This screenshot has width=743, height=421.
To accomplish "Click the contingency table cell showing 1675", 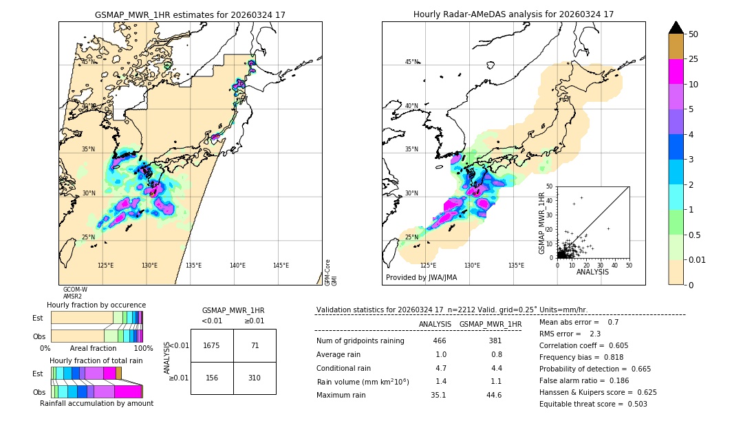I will tap(212, 345).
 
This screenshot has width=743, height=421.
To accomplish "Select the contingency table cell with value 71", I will tap(255, 345).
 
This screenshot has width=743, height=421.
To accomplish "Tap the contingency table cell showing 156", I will tap(212, 378).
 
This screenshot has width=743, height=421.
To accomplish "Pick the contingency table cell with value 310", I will tap(255, 378).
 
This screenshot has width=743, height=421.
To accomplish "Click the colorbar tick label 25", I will tap(693, 59).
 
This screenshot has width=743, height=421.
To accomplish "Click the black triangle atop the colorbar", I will tap(676, 28).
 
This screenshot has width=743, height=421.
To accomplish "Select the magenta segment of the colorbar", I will tap(676, 72).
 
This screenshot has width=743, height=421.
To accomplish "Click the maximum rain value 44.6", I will tap(494, 395).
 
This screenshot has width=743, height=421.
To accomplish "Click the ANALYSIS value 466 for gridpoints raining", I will tap(440, 341).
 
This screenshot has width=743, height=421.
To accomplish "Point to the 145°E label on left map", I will tap(281, 266).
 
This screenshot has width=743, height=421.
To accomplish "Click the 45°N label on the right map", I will tap(411, 62).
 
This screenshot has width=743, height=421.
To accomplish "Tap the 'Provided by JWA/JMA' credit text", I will tap(421, 277).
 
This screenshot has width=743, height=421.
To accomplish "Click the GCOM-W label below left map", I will tap(75, 290).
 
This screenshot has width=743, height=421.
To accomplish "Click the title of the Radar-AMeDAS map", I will tap(513, 14).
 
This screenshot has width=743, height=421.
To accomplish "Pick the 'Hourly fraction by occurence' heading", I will tap(96, 305).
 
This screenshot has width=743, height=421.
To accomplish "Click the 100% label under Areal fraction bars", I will tap(143, 349).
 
